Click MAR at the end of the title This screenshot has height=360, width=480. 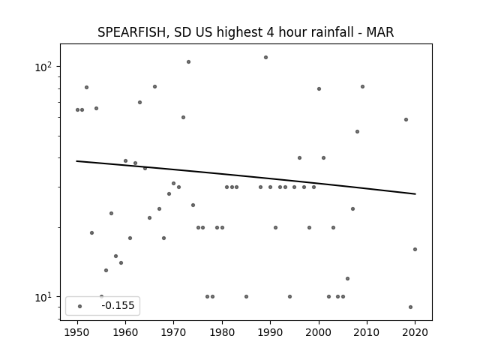[380, 32]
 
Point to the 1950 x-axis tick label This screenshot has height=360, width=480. [77, 332]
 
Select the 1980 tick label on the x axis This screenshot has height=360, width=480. [222, 332]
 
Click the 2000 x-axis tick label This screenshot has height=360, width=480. [319, 332]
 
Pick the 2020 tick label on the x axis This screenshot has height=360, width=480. [415, 332]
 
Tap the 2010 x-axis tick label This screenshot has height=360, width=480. [367, 332]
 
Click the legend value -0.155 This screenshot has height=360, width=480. [118, 305]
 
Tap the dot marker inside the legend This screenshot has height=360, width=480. [80, 306]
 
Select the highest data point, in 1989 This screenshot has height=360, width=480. [265, 57]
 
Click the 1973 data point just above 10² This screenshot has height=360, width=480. [188, 61]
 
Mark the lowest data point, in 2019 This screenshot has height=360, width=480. [410, 307]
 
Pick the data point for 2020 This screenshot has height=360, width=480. [415, 249]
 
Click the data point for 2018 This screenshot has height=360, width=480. [406, 120]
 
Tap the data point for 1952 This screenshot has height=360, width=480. [87, 87]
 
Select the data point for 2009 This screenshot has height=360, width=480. [362, 87]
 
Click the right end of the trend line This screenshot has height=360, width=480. [415, 193]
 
